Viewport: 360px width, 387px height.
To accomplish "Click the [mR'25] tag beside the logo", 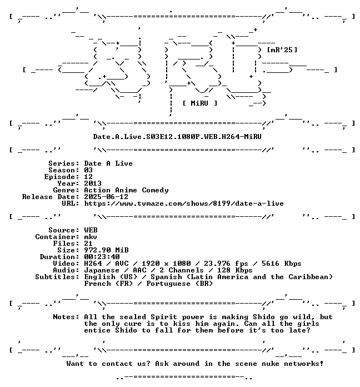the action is (282, 50).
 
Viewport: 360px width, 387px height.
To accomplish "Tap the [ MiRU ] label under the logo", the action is (200, 103).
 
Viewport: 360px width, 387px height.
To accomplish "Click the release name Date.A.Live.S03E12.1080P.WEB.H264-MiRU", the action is (177, 137).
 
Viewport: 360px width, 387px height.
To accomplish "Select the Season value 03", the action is (88, 170).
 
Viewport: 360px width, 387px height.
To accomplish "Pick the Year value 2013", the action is (93, 183).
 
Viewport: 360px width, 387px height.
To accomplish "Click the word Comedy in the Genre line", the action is (156, 190).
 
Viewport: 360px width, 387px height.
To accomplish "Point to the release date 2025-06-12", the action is (106, 197).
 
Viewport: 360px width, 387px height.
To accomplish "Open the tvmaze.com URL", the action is (184, 204).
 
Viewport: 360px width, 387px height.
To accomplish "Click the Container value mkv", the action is (91, 237).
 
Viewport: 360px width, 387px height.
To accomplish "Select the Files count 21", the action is (88, 244).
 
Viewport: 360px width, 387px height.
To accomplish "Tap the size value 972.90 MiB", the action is (106, 250).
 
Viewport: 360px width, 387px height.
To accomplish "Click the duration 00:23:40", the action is (102, 257).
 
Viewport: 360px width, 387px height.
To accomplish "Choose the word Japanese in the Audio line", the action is (102, 270).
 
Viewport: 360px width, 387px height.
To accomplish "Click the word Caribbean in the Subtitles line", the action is (311, 277).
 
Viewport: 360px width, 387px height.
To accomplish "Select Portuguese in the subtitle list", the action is (168, 284).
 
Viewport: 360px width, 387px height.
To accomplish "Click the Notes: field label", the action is (66, 317).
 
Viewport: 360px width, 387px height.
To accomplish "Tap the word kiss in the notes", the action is (181, 324).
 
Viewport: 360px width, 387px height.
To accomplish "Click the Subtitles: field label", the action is (57, 277).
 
